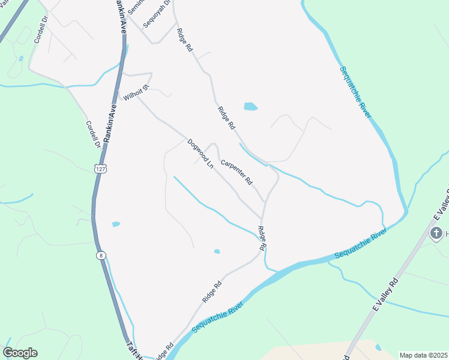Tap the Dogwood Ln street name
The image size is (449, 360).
[x=200, y=153]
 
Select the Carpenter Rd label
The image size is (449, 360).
[x=237, y=172]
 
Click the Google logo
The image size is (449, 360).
[x=20, y=353]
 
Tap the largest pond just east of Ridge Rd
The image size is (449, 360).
[x=250, y=107]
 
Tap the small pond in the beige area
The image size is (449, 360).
[x=378, y=347]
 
